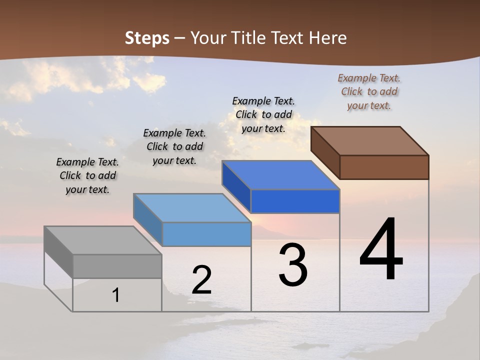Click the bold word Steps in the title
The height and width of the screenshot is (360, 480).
[147, 38]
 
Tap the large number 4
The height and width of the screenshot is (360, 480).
[381, 250]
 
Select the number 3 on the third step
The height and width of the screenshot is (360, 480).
[293, 265]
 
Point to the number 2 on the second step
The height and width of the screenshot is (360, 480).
[201, 280]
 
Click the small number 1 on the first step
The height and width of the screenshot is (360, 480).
[116, 295]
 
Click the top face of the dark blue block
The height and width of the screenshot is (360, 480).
[280, 175]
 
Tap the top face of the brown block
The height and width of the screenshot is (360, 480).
[369, 141]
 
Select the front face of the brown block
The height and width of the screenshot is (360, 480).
[384, 167]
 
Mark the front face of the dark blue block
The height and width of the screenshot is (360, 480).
[295, 201]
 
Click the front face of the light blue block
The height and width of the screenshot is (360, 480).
[206, 234]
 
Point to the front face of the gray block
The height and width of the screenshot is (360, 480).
[117, 266]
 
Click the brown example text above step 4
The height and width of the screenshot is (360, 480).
[369, 91]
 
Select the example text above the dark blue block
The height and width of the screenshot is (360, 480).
[263, 114]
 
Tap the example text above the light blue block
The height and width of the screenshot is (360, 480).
[174, 146]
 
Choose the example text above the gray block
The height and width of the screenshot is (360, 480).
[87, 175]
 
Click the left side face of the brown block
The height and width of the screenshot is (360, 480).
[325, 153]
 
